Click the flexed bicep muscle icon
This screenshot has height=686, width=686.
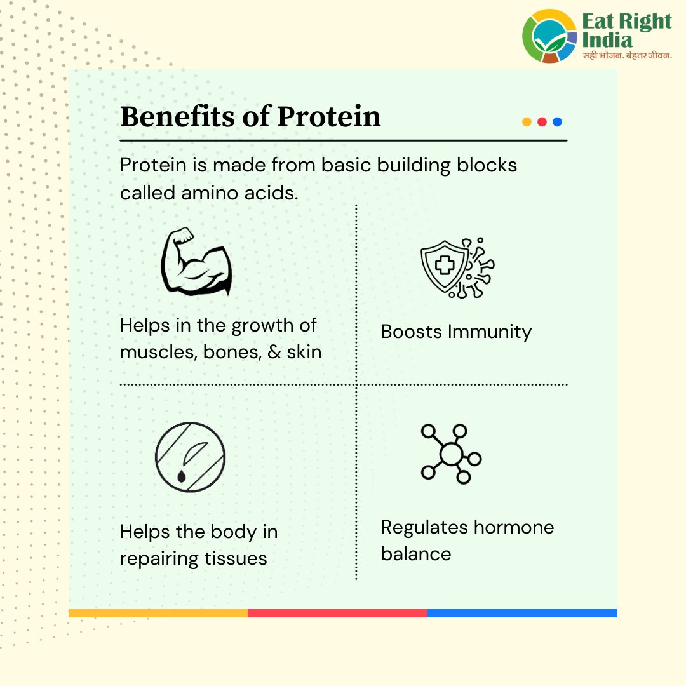coord(196,262)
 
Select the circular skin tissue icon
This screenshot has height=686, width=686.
coord(190,457)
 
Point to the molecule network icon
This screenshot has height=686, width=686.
coord(450,454)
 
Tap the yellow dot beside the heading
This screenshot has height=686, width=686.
coord(527,122)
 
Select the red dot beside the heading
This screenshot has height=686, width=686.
coord(542,122)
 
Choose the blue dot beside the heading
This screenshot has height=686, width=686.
coord(557,122)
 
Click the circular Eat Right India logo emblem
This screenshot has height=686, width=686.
coord(550,36)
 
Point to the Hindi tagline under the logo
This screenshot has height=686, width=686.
coord(628,57)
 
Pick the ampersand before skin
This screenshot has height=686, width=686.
coord(274,352)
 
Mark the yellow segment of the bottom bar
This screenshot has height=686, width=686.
coord(158,613)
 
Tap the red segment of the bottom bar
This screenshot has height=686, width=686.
coord(337,613)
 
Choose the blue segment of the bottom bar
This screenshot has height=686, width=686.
coord(521,613)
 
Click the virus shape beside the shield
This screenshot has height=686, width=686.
coord(480,267)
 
